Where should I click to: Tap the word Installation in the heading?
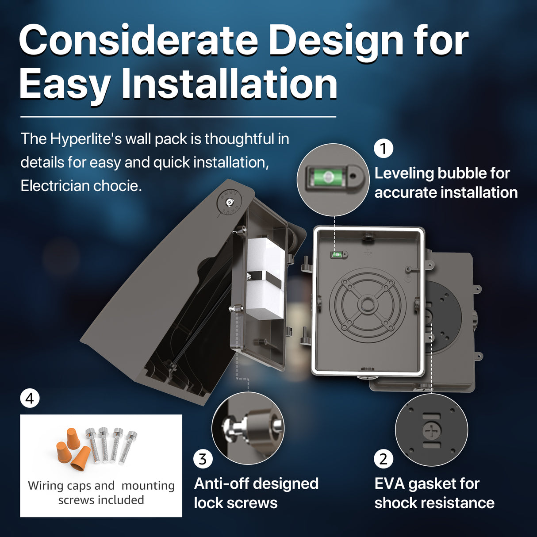(229, 84)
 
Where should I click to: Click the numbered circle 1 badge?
(384, 148)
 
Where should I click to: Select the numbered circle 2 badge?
(384, 459)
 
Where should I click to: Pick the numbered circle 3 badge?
(203, 459)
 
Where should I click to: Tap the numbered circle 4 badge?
(30, 399)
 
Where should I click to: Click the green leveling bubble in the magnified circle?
(328, 177)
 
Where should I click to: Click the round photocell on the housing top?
(230, 202)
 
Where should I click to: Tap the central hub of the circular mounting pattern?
(367, 303)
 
